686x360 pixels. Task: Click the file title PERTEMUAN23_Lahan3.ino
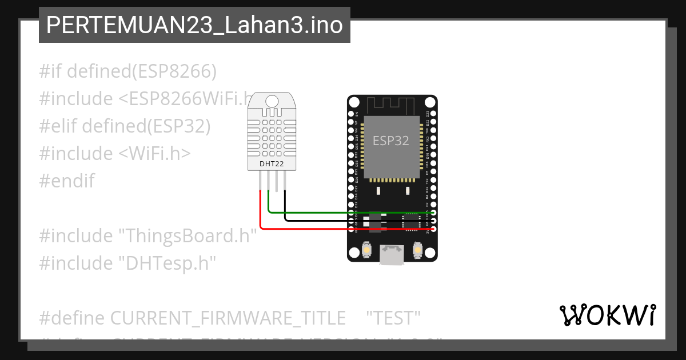194,25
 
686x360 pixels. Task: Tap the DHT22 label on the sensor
272,164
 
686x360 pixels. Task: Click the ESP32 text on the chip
391,141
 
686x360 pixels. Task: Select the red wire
343,229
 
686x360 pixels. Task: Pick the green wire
343,213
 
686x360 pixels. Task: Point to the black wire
343,220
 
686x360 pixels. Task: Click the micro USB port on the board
392,254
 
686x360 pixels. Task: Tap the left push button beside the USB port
367,250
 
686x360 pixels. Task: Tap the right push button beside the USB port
417,250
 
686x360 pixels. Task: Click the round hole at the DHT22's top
272,101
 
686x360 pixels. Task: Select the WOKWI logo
608,315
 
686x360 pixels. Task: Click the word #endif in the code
67,181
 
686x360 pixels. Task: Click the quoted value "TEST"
393,318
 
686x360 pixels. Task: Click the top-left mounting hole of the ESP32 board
354,103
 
